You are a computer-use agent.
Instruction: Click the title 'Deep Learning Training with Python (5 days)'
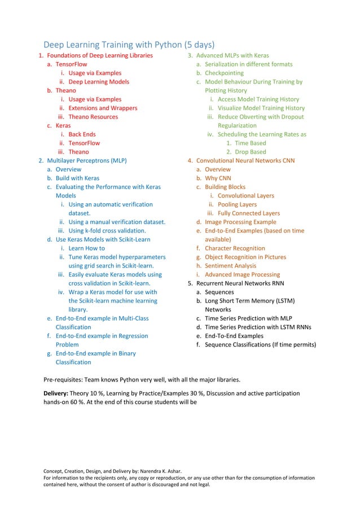tap(129, 45)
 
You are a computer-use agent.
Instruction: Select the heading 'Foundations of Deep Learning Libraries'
tap(99, 55)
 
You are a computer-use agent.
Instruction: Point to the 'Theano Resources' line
tap(93, 117)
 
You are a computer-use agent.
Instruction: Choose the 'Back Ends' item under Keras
tap(82, 134)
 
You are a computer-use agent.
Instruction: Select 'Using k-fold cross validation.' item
tap(107, 230)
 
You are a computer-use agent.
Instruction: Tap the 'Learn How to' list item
tap(86, 248)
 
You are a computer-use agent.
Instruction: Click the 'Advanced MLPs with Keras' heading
tap(232, 55)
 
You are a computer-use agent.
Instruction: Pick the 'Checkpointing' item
tap(224, 73)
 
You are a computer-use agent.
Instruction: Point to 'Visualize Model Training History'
tap(261, 108)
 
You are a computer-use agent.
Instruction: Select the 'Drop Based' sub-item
tap(250, 152)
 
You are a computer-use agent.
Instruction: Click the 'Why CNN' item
tap(218, 178)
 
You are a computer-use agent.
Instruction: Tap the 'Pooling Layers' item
tap(237, 204)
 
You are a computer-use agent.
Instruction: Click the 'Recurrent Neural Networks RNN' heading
tap(240, 283)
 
